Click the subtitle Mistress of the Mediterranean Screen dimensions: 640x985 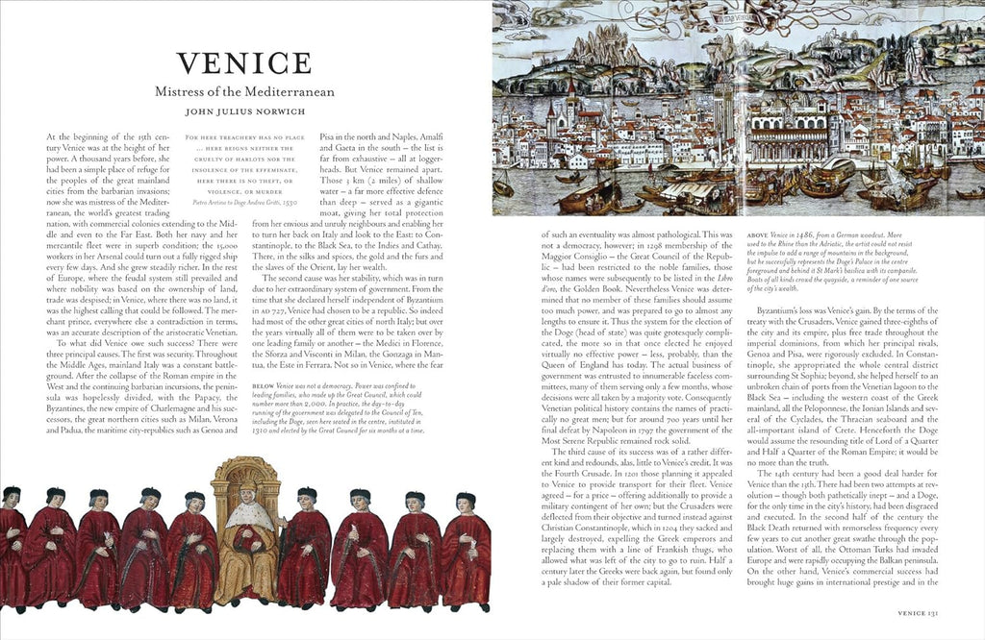[x=244, y=92]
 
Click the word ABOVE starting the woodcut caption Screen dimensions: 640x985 [x=759, y=234]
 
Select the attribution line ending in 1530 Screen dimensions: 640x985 [x=244, y=202]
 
